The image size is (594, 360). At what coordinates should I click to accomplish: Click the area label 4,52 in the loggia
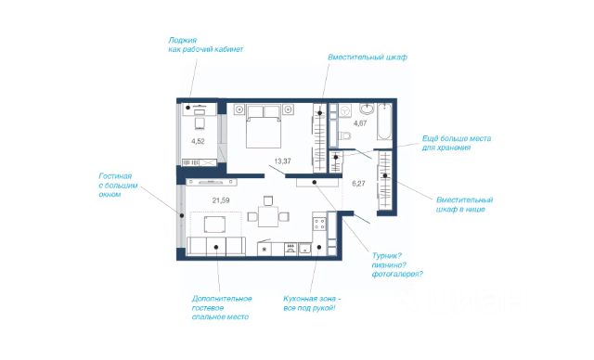pyautogui.click(x=198, y=142)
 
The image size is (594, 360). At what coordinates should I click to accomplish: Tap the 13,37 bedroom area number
pyautogui.click(x=282, y=161)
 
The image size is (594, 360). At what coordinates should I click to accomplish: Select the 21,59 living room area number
pyautogui.click(x=221, y=200)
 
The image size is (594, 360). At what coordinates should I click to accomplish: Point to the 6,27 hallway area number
pyautogui.click(x=358, y=184)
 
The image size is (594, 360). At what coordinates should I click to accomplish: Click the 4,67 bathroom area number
pyautogui.click(x=360, y=123)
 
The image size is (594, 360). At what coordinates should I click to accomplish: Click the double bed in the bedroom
pyautogui.click(x=264, y=126)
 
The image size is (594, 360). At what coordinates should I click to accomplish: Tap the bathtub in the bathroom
pyautogui.click(x=384, y=122)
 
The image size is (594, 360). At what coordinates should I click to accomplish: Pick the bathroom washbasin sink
pyautogui.click(x=367, y=109)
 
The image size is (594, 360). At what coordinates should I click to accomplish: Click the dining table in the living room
pyautogui.click(x=268, y=216)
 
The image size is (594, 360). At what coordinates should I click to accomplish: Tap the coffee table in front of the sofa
pyautogui.click(x=214, y=225)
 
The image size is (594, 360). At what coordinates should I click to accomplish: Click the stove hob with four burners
pyautogui.click(x=319, y=225)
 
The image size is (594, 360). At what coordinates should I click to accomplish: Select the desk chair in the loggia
pyautogui.click(x=200, y=123)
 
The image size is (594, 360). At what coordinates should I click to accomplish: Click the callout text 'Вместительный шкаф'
pyautogui.click(x=368, y=58)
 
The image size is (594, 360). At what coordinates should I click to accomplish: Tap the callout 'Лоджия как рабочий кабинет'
pyautogui.click(x=206, y=45)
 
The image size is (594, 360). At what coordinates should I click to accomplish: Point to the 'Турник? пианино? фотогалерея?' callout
pyautogui.click(x=397, y=265)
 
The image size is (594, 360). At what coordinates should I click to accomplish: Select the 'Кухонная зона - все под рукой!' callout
pyautogui.click(x=312, y=303)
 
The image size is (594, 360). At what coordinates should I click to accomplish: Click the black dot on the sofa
pyautogui.click(x=216, y=247)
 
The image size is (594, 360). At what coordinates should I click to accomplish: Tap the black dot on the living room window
pyautogui.click(x=182, y=215)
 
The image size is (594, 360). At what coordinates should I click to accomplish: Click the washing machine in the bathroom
pyautogui.click(x=344, y=111)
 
